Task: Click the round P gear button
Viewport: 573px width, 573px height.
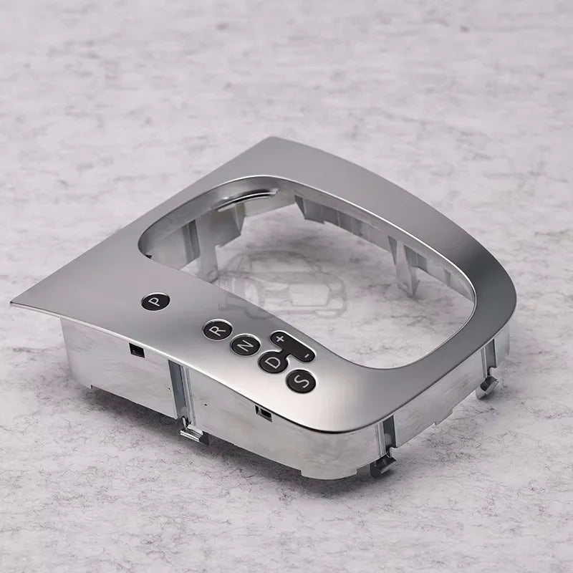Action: [x=155, y=302]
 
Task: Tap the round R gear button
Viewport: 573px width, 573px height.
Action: [x=218, y=330]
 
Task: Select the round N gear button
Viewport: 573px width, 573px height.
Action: [x=246, y=345]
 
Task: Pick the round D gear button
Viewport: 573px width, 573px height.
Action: [x=273, y=362]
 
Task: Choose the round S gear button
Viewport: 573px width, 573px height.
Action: [x=301, y=381]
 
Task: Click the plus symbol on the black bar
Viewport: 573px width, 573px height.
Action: [x=280, y=338]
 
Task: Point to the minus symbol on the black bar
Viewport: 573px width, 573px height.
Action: [x=309, y=355]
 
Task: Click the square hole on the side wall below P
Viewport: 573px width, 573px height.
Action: [x=137, y=351]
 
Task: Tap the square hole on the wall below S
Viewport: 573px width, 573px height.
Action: [x=264, y=413]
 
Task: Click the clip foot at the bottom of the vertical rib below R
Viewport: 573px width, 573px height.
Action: [x=193, y=434]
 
